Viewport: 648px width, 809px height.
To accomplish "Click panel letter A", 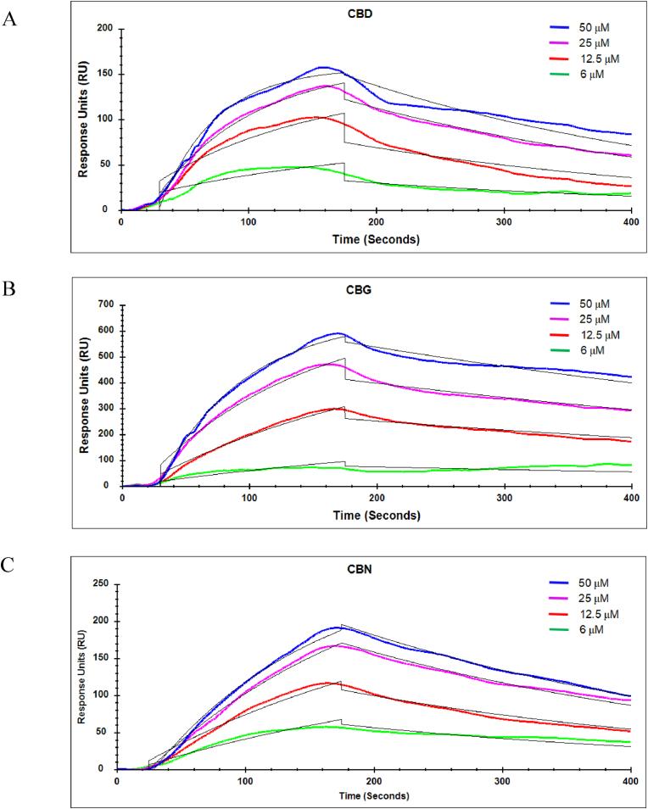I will pyautogui.click(x=10, y=19).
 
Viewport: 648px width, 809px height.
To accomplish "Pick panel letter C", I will pyautogui.click(x=9, y=566).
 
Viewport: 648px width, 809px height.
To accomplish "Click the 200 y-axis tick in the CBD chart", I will pyautogui.click(x=104, y=28).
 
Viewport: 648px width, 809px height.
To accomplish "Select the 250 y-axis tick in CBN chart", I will pyautogui.click(x=101, y=583).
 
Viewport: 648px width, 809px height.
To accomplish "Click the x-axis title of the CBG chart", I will pyautogui.click(x=377, y=515).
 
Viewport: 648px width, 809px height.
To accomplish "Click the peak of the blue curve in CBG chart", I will pyautogui.click(x=338, y=333).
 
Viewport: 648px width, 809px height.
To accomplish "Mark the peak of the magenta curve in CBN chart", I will pyautogui.click(x=333, y=645).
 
